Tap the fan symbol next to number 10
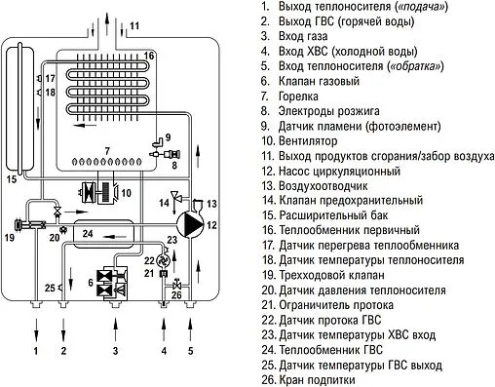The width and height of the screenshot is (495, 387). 100,193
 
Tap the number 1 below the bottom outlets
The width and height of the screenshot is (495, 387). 36,349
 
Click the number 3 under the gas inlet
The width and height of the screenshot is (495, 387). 115,349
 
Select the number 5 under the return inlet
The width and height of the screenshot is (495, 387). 190,349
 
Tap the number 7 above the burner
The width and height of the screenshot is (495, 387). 108,149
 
